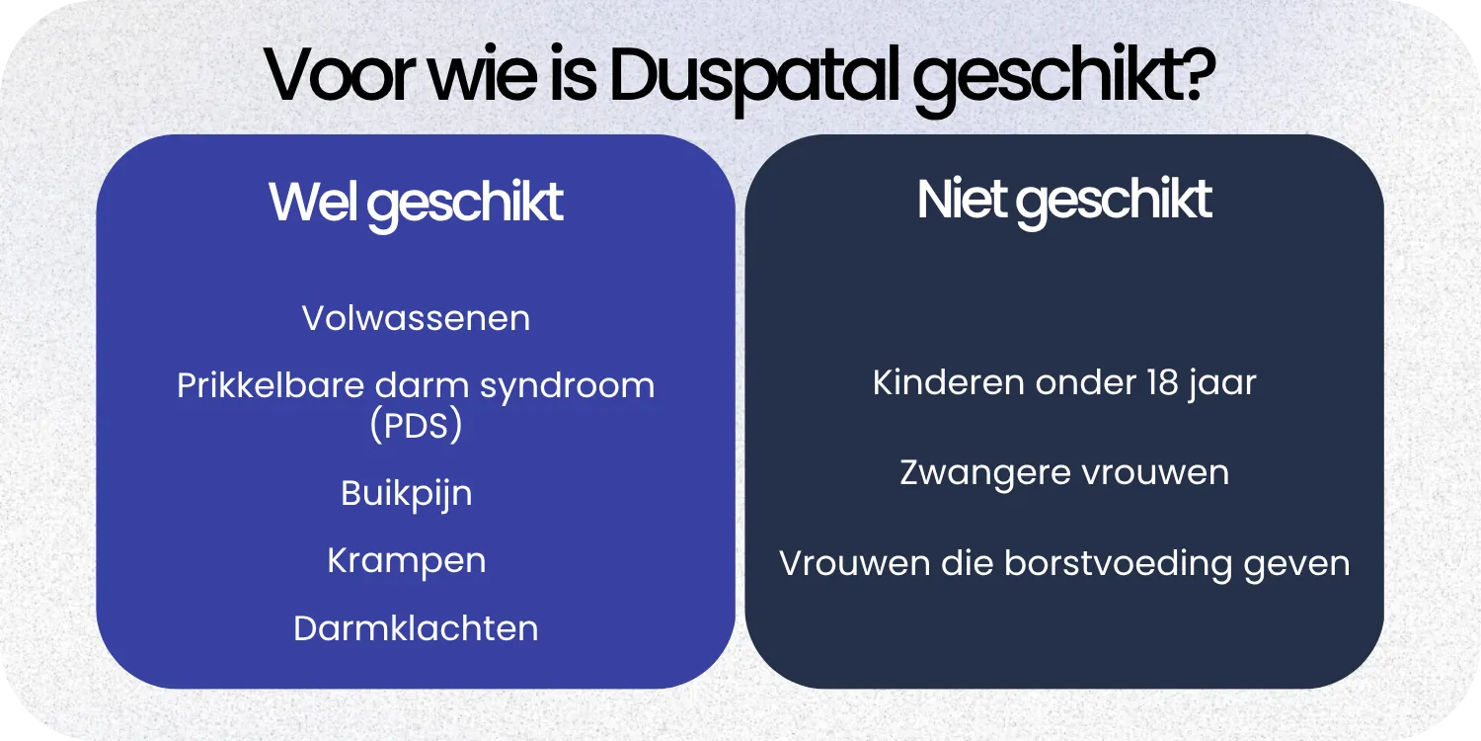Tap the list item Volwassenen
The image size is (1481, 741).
[x=416, y=318]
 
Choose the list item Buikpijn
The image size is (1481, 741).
[x=407, y=493]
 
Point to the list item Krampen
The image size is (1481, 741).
[x=407, y=561]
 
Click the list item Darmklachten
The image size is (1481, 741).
[x=416, y=628]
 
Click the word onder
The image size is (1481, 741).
[x=1068, y=382]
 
